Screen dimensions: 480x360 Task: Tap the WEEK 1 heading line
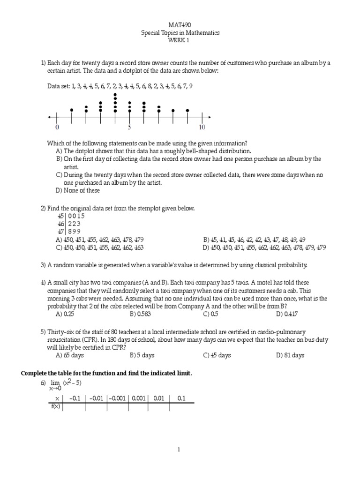tap(180, 40)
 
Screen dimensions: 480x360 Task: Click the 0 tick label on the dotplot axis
tap(57, 127)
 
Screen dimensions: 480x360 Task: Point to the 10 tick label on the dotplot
tap(202, 127)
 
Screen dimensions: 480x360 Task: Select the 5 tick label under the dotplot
tap(129, 127)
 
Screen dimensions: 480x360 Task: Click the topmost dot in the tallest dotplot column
tap(115, 94)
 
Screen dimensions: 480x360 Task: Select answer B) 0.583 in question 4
tap(142, 314)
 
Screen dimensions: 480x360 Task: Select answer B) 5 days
tap(142, 355)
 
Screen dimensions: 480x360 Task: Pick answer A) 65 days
tap(70, 355)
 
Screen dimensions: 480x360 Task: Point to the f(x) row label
tap(55, 407)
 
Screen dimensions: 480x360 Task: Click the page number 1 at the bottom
tap(180, 450)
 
